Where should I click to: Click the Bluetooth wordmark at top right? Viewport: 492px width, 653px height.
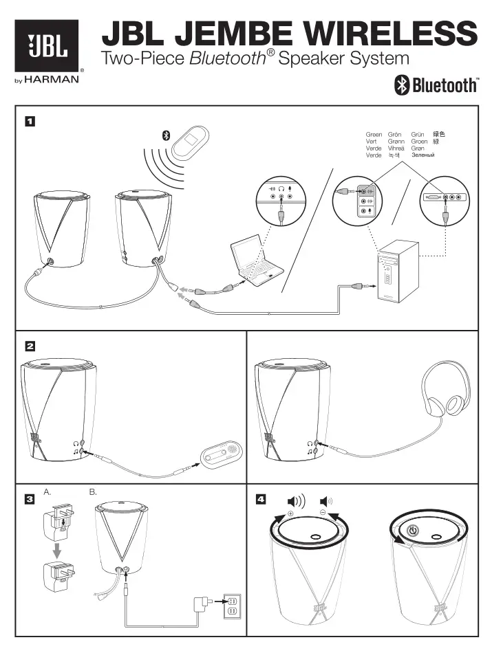[436, 85]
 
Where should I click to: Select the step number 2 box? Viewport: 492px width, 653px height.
[30, 346]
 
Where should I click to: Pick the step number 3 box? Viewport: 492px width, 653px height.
[30, 500]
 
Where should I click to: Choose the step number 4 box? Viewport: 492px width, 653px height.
[261, 500]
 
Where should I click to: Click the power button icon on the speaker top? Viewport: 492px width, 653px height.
[412, 530]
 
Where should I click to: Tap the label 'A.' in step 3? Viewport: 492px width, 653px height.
[47, 493]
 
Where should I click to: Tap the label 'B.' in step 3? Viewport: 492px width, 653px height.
[94, 493]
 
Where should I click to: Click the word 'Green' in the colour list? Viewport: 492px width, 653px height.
[374, 135]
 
